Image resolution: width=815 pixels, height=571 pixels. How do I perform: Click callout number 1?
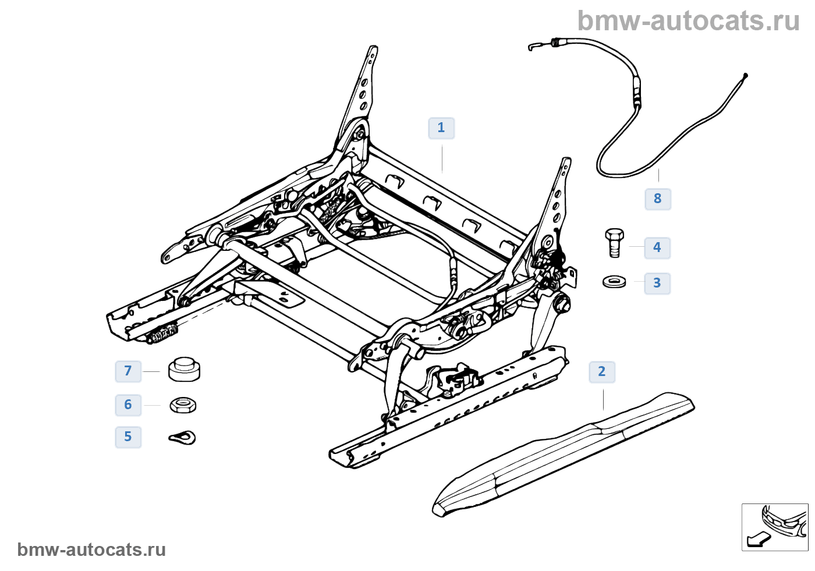click(441, 128)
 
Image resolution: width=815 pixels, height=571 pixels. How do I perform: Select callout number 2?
click(602, 372)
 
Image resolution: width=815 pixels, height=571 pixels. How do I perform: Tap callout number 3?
click(657, 283)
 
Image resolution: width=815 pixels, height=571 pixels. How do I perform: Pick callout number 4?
click(657, 248)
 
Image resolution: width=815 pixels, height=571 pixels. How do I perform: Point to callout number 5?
click(128, 437)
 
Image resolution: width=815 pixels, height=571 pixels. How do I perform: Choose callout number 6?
click(128, 405)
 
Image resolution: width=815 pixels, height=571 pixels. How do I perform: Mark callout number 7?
click(128, 371)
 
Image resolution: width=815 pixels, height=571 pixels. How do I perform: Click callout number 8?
click(658, 199)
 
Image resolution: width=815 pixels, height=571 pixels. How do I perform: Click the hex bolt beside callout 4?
click(614, 242)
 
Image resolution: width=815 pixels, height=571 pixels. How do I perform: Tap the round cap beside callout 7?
click(185, 370)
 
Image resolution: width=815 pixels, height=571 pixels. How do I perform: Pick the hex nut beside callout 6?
click(183, 405)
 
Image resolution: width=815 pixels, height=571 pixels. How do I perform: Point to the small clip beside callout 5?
click(183, 437)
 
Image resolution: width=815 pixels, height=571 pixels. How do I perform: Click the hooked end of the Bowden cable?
click(533, 46)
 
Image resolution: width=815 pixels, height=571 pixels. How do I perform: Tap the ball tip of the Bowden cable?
click(746, 75)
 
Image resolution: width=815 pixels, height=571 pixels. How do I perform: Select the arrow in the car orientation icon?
click(757, 540)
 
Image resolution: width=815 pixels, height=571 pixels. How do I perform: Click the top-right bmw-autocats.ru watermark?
click(688, 22)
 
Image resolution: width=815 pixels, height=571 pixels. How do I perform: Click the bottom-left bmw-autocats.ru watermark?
click(91, 550)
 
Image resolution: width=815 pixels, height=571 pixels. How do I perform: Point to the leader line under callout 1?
click(442, 158)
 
